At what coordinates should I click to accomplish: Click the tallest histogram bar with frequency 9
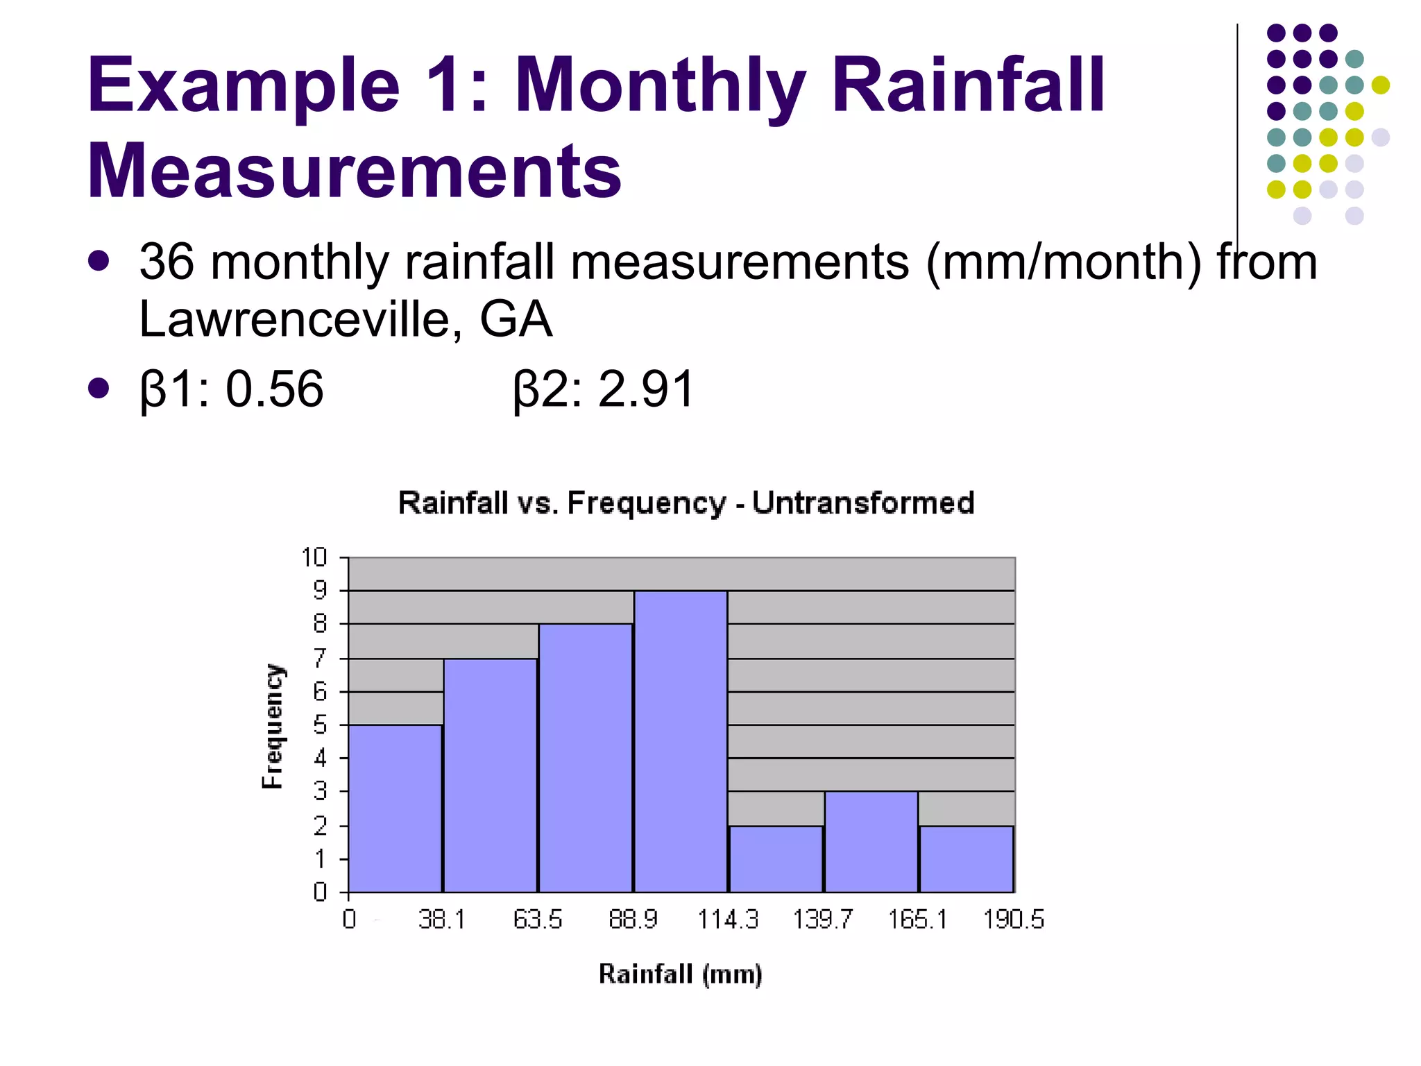coord(681,741)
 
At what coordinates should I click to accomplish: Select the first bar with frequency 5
coord(395,809)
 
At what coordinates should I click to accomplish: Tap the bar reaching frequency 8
coord(586,758)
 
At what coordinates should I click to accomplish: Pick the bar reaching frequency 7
coord(490,775)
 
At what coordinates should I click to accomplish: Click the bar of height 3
coord(871,841)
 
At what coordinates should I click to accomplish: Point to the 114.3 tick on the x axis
coord(728,920)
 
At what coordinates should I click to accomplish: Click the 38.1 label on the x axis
coord(442,920)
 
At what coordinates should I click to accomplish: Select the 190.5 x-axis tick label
coord(1013,920)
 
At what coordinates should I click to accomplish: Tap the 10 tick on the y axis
coord(314,557)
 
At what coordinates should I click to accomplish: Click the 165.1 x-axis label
coord(918,920)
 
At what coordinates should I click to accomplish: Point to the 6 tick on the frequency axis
coord(320,691)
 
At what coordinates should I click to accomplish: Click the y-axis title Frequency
coord(273,726)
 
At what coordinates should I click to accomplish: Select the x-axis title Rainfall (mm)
coord(680,974)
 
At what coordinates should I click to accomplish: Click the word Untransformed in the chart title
coord(863,502)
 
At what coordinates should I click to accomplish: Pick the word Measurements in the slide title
coord(354,171)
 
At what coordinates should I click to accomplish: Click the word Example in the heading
coord(244,86)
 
